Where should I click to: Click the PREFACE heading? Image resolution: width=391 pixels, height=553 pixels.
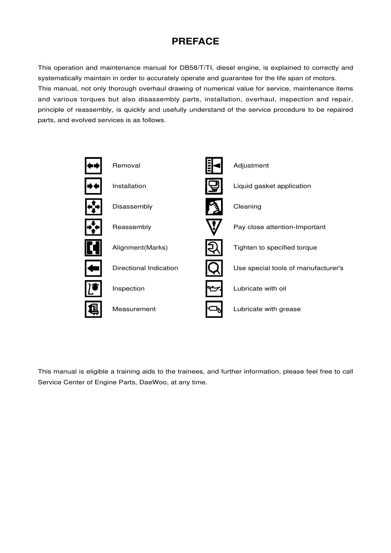195,41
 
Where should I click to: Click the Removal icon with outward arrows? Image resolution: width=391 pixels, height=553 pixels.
93,166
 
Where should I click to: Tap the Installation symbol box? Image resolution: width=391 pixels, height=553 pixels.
93,186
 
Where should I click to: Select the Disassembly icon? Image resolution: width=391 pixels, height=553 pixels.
93,207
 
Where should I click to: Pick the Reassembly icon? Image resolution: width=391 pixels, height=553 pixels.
93,227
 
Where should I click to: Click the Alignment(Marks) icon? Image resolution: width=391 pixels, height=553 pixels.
93,248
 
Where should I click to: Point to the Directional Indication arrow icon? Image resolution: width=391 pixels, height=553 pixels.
93,268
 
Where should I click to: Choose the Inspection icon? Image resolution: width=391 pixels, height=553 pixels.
93,289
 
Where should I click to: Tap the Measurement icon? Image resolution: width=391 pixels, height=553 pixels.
93,309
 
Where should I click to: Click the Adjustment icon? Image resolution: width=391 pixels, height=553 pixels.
214,166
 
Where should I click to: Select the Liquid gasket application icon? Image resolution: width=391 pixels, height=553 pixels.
214,186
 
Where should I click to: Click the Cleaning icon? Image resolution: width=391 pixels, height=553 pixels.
214,207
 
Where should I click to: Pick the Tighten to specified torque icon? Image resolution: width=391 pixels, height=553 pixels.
214,248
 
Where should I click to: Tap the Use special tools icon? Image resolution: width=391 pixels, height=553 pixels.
214,268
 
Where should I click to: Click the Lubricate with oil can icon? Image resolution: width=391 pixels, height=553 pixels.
214,289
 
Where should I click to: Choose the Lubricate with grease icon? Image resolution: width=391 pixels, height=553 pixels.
214,309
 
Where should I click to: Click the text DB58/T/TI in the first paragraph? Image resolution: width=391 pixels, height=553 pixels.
197,68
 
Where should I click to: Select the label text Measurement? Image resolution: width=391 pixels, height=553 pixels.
134,309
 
